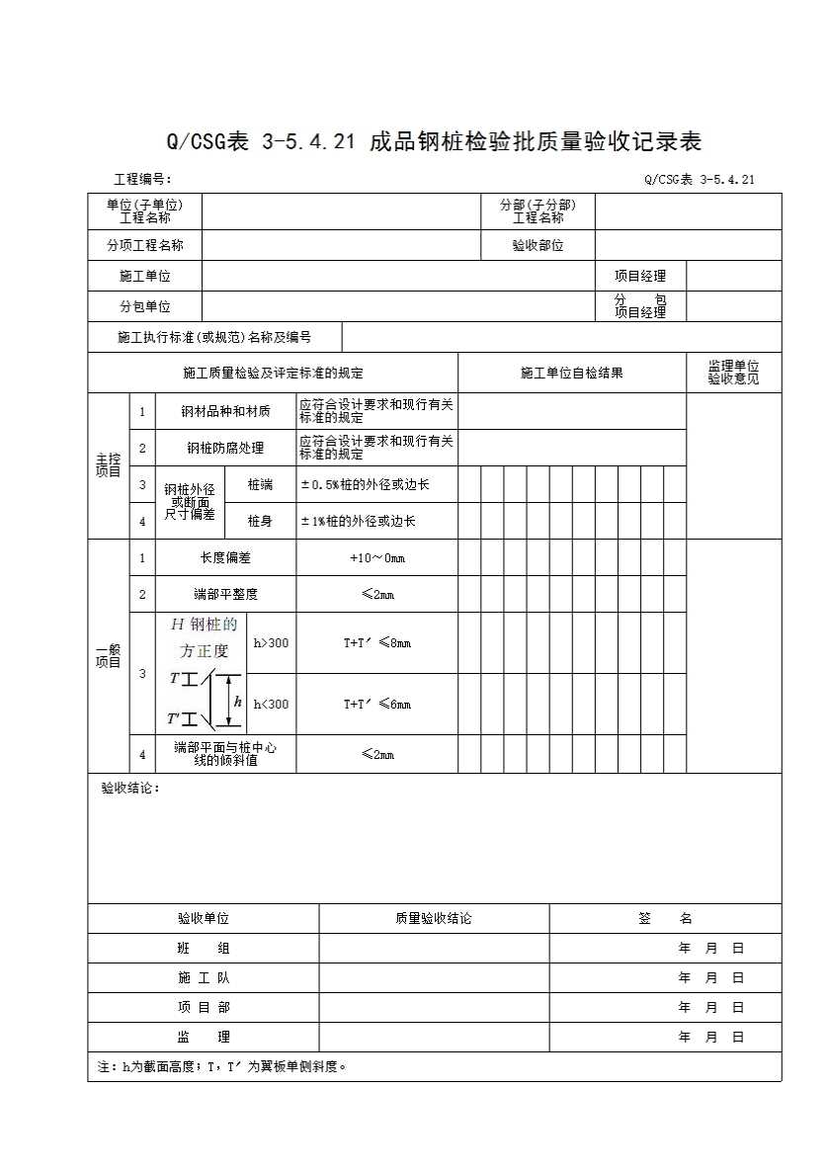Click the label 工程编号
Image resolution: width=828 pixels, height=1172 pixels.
pyautogui.click(x=142, y=179)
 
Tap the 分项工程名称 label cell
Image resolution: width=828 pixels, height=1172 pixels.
pyautogui.click(x=145, y=246)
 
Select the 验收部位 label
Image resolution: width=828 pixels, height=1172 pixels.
pyautogui.click(x=538, y=246)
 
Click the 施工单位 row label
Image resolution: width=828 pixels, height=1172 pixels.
pyautogui.click(x=145, y=277)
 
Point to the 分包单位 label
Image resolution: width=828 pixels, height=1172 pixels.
pyautogui.click(x=145, y=307)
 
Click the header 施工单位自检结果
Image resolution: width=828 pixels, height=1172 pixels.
pyautogui.click(x=571, y=373)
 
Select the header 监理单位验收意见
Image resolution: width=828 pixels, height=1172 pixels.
pyautogui.click(x=733, y=373)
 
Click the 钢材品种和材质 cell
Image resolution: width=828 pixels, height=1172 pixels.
pyautogui.click(x=225, y=411)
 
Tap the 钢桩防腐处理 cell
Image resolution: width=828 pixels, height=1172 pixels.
pyautogui.click(x=225, y=448)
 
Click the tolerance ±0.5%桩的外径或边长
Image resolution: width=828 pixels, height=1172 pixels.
pyautogui.click(x=366, y=485)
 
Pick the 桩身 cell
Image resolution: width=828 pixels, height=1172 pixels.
pyautogui.click(x=260, y=521)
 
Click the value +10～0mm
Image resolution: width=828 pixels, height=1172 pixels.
pyautogui.click(x=377, y=558)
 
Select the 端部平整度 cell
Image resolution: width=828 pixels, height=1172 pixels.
pyautogui.click(x=225, y=595)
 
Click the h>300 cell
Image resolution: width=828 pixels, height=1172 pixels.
pyautogui.click(x=272, y=643)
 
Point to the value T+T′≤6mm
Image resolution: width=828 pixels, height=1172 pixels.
pyautogui.click(x=377, y=705)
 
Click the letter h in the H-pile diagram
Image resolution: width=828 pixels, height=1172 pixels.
pyautogui.click(x=237, y=702)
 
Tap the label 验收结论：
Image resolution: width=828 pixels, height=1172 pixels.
pyautogui.click(x=129, y=789)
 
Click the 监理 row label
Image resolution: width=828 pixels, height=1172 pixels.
pyautogui.click(x=204, y=1038)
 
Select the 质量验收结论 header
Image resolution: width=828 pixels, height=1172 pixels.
pyautogui.click(x=433, y=919)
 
